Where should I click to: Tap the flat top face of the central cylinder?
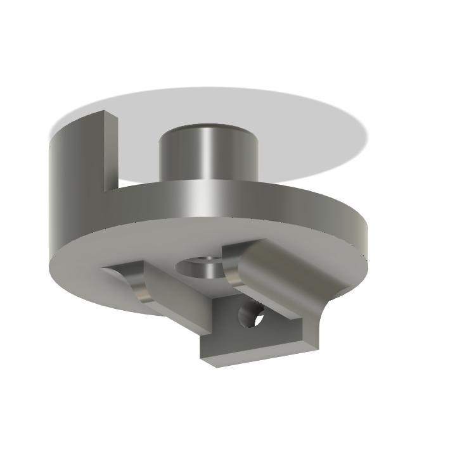[x=208, y=128]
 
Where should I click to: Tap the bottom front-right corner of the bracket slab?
[x=317, y=347]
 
